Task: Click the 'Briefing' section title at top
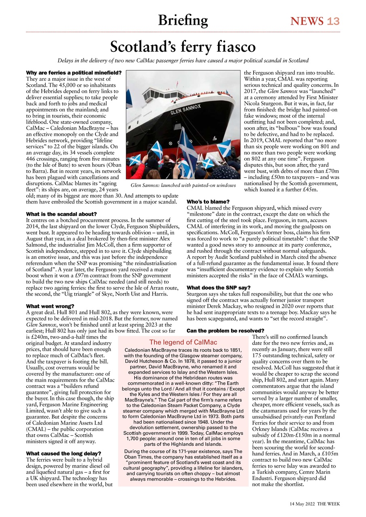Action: coord(183,20)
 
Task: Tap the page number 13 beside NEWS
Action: coord(333,21)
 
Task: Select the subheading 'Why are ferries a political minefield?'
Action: coord(73,72)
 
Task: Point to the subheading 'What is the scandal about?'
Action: coord(61,214)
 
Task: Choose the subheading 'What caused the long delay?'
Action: coord(63,453)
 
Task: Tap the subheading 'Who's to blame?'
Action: coord(208,202)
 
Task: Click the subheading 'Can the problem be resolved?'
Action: coord(225,331)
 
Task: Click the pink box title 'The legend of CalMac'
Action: coord(183,342)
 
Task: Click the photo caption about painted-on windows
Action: coord(183,185)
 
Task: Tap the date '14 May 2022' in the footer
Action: coord(302,504)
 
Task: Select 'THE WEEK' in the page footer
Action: coord(328,504)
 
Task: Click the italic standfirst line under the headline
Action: coord(183,61)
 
